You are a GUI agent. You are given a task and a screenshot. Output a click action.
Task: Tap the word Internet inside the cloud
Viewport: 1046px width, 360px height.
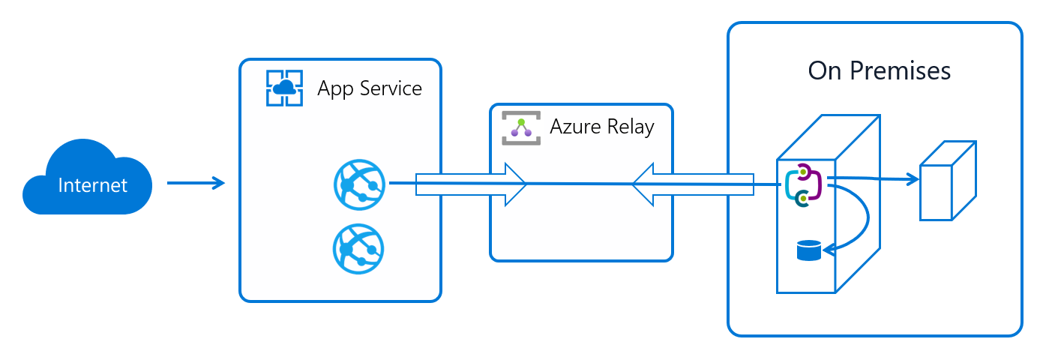(x=92, y=185)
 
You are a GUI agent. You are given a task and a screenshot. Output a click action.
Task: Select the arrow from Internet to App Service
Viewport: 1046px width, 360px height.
(x=196, y=183)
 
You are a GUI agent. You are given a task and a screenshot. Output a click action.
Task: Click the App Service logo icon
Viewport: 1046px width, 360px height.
(x=284, y=88)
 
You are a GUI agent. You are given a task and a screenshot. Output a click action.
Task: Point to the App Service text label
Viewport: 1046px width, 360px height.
(x=370, y=88)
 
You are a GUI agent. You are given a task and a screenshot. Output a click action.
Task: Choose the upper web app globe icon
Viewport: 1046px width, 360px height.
(x=358, y=184)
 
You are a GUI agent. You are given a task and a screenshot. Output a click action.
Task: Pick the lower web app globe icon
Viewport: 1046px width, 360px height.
(x=358, y=248)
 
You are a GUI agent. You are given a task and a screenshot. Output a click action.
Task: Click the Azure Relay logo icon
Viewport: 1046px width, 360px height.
(x=520, y=127)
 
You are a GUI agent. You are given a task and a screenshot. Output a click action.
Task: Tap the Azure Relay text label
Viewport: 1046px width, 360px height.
(x=602, y=127)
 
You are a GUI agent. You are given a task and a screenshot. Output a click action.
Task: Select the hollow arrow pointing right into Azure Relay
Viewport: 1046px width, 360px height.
(x=472, y=184)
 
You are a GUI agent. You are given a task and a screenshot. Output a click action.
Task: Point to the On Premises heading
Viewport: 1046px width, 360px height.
(x=879, y=70)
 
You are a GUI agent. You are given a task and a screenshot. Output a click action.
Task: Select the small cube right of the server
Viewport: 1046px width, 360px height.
(x=947, y=181)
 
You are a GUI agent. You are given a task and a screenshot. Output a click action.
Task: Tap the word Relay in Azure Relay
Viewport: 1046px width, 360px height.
(x=631, y=127)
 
